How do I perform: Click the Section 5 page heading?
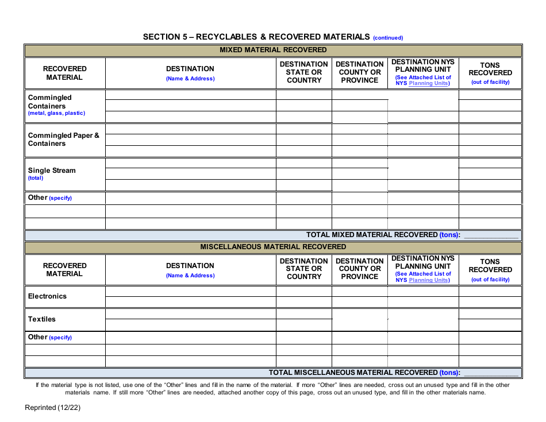(x=256, y=37)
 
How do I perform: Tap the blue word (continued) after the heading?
(x=388, y=38)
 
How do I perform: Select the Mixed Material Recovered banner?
(x=273, y=50)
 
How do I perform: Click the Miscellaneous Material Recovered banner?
(x=273, y=247)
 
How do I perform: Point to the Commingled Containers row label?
(x=49, y=102)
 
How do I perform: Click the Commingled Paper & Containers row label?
(x=63, y=140)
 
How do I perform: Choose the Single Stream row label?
(x=52, y=171)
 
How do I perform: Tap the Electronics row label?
(x=47, y=296)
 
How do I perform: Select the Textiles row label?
(x=42, y=319)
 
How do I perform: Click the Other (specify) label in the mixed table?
(x=50, y=198)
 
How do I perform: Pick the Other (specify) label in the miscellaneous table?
(x=50, y=337)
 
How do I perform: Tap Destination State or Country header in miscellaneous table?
(x=303, y=269)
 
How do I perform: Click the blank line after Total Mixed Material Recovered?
(x=491, y=235)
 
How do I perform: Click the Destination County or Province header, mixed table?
(x=359, y=72)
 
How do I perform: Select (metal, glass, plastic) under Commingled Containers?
(x=56, y=113)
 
